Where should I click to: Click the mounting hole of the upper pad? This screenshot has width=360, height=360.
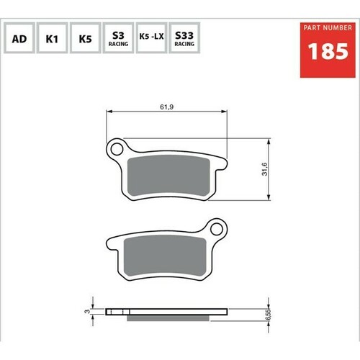115,149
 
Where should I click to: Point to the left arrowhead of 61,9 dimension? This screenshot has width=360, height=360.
109,112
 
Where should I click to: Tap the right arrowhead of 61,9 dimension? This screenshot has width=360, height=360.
226,112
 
